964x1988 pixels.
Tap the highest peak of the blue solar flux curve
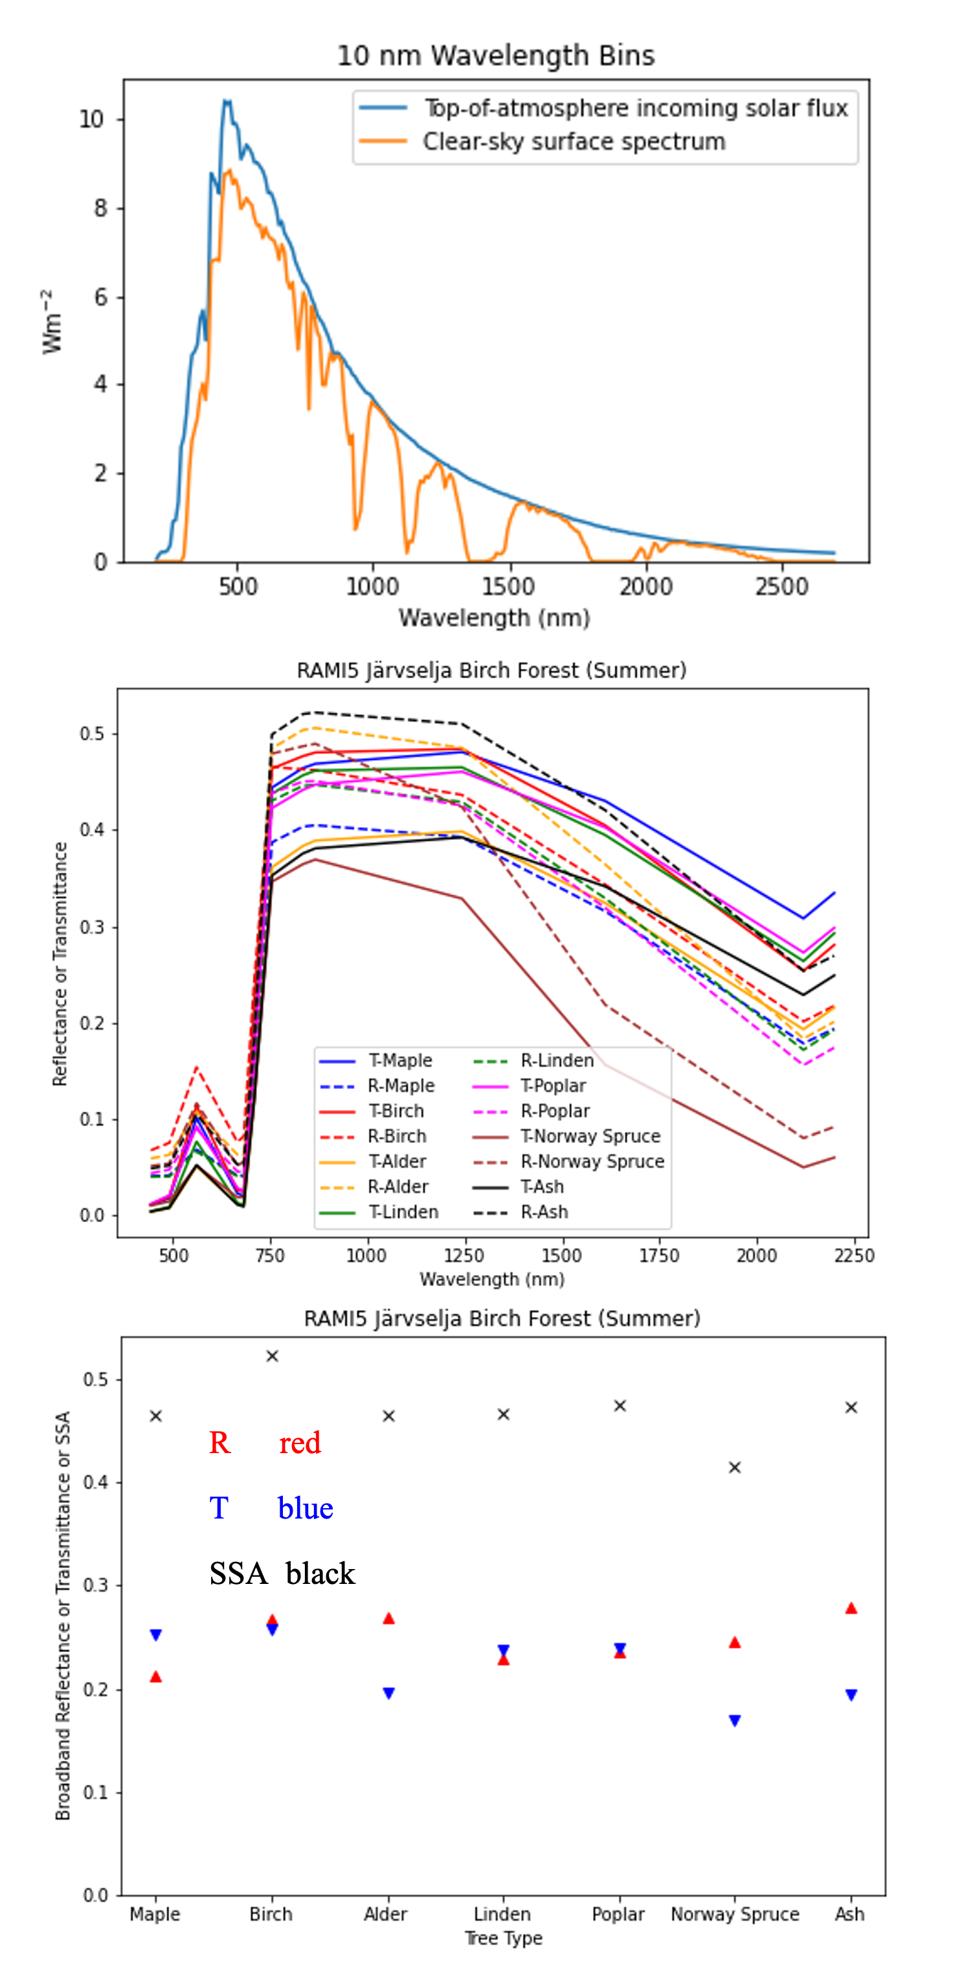[x=226, y=100]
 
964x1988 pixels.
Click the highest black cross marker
[x=272, y=1356]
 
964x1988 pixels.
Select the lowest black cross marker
[x=735, y=1467]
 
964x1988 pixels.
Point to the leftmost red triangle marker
[x=156, y=1677]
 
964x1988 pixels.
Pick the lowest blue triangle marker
[x=735, y=1720]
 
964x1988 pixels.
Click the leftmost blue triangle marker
[x=156, y=1634]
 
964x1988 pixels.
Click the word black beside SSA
[x=320, y=1574]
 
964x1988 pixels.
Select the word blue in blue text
[x=305, y=1508]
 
